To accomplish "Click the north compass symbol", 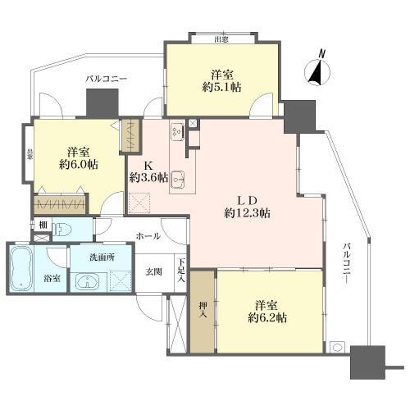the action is tap(317, 71).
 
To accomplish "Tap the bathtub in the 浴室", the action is tap(21, 269).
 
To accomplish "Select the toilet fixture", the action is tap(62, 230).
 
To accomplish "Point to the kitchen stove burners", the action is tap(178, 132).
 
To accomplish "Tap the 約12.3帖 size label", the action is tap(248, 212).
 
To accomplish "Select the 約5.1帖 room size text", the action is tap(221, 87).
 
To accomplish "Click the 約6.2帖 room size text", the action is tap(267, 317).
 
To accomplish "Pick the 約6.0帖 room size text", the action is tap(79, 165).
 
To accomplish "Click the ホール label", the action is tap(148, 236).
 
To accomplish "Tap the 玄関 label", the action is tap(153, 271).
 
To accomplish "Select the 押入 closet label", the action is tap(203, 310).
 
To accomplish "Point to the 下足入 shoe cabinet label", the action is tap(182, 271).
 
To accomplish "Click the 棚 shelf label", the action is tap(43, 225).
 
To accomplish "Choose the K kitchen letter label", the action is tap(148, 166).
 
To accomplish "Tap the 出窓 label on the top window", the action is tap(221, 40).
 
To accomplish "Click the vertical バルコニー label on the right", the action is tap(347, 263).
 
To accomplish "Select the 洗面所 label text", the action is tap(102, 257).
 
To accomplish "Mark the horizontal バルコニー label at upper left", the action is tap(107, 79).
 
